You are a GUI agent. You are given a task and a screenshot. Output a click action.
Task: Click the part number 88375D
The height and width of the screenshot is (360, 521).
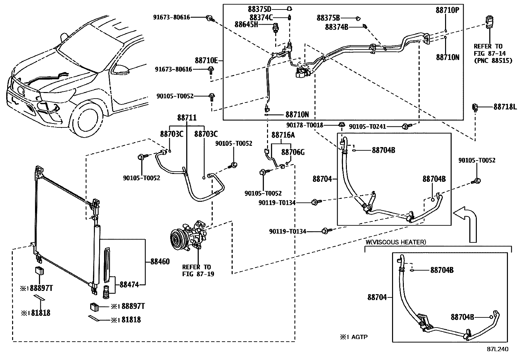coord(260,9)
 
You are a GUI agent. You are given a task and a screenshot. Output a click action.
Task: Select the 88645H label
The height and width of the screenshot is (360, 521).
coord(246,25)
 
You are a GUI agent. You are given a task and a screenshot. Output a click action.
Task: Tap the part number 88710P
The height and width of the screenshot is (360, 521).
coord(447,10)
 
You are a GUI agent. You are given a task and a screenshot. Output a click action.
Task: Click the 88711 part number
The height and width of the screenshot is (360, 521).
coord(187,118)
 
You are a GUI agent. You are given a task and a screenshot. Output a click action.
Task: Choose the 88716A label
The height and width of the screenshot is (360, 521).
coord(283,135)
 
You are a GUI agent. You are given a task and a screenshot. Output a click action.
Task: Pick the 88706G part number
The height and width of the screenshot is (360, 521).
coord(293,152)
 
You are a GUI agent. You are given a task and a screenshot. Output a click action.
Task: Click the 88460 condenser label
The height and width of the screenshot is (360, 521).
coord(160,261)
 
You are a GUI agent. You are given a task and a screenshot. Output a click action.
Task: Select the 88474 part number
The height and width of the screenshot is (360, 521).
coord(129,285)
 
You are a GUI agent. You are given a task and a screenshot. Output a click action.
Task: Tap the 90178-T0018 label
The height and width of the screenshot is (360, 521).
coord(304,125)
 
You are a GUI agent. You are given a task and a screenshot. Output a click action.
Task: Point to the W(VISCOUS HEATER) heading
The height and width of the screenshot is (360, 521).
coord(396,242)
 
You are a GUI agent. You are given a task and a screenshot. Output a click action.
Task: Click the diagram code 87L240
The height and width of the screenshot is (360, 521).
coord(497,349)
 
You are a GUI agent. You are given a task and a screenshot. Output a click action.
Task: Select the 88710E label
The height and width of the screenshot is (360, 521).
coord(206,61)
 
